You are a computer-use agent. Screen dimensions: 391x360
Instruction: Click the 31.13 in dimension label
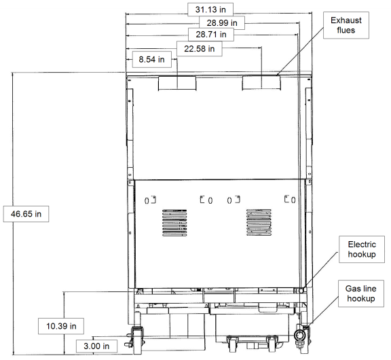tap(210, 10)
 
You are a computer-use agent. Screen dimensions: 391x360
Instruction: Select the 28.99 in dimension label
tap(222, 23)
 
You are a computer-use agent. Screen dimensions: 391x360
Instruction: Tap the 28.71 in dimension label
tap(211, 35)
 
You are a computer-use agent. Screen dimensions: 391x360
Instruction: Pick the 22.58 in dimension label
tap(200, 49)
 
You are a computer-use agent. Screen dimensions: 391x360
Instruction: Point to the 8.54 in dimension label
tap(151, 59)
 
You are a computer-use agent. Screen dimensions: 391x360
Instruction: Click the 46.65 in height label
tap(26, 214)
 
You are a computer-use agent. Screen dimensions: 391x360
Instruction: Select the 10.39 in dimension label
tap(61, 326)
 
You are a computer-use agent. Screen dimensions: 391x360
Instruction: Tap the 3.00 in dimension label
tap(96, 346)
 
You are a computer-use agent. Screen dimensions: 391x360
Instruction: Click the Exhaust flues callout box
tap(346, 25)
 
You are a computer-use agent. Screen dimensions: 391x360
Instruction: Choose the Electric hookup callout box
tap(362, 249)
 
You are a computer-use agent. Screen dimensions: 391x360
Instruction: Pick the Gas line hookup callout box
tap(361, 293)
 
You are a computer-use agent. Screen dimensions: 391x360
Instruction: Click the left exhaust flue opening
tap(177, 83)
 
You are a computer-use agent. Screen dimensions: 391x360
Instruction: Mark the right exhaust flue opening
tap(261, 83)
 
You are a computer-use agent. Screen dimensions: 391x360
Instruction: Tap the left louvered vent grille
tap(174, 223)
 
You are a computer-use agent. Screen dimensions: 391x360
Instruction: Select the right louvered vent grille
tap(259, 222)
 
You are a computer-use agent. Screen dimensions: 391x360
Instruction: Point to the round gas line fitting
tap(299, 336)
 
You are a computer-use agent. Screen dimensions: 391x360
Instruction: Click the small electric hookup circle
tap(301, 291)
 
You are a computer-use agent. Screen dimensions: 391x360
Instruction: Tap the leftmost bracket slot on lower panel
tap(151, 200)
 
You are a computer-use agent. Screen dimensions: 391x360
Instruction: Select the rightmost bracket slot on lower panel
tap(290, 199)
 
